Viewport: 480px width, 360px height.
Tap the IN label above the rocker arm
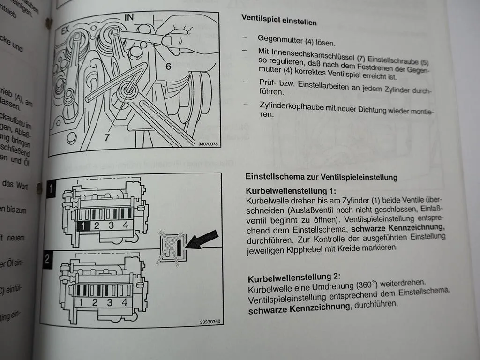(x=129, y=18)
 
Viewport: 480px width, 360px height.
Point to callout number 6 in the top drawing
(x=168, y=66)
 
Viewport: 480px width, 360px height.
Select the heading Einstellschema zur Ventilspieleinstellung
(x=322, y=177)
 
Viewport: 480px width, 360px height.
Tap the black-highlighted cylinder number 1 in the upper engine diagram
(x=82, y=226)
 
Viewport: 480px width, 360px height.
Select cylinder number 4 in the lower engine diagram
(x=125, y=302)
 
